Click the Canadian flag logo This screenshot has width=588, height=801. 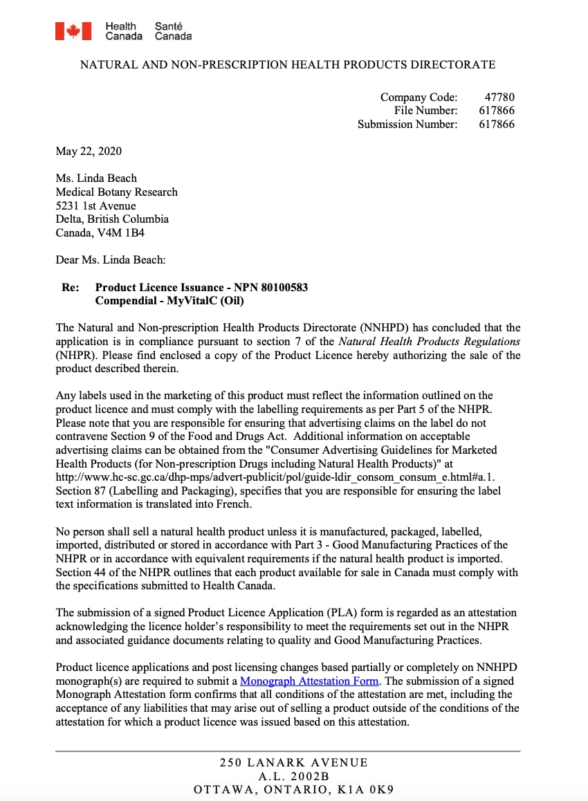coord(73,31)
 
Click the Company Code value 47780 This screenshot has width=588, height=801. coord(499,97)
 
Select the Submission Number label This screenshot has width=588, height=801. coord(407,125)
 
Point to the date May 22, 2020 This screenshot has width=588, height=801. coord(89,151)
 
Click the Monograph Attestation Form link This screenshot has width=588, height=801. coord(309,681)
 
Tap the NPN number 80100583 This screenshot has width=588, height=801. coord(281,287)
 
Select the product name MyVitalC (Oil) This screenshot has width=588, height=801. coord(205,301)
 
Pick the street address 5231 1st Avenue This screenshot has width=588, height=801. coord(95,205)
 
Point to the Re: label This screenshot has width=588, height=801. coord(71,287)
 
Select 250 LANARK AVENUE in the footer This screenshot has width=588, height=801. coord(294,763)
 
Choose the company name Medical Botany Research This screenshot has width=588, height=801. coord(116,192)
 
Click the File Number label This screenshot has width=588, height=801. coord(426,111)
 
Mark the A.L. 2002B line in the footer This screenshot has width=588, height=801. coord(294,776)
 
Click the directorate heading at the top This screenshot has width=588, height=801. coord(288,65)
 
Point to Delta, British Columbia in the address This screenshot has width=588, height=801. coord(112,219)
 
